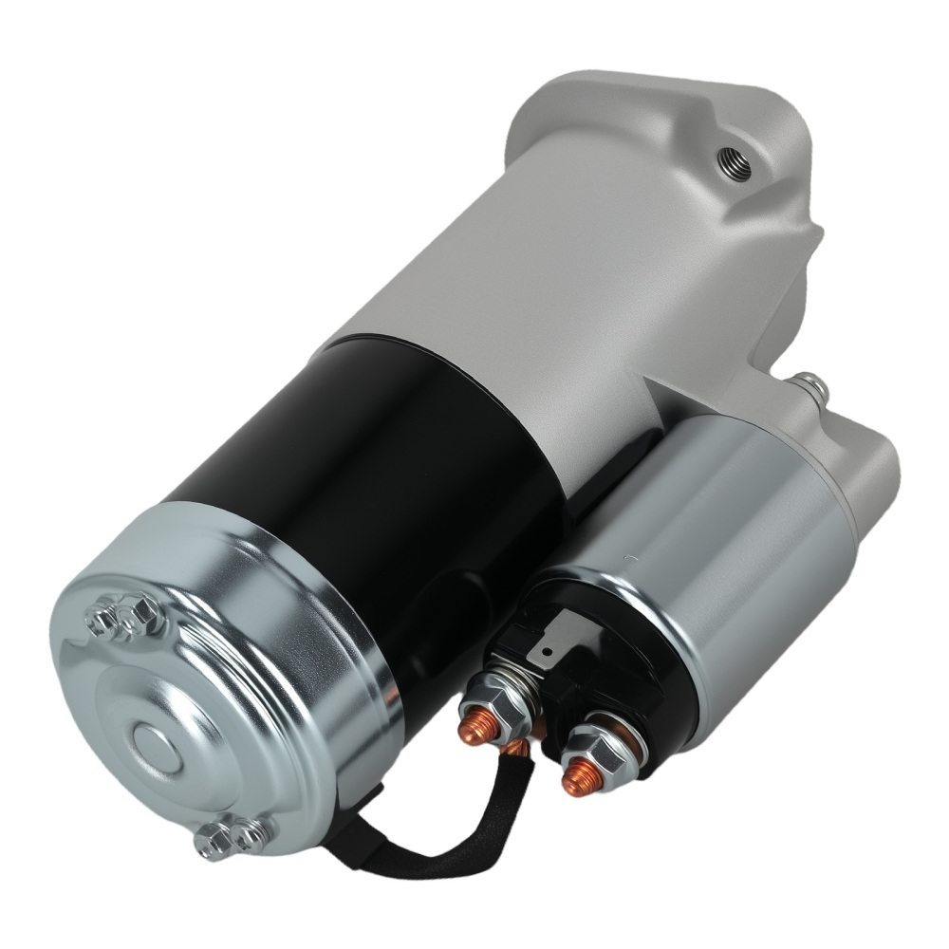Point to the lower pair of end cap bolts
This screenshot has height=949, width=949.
tap(228, 835)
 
